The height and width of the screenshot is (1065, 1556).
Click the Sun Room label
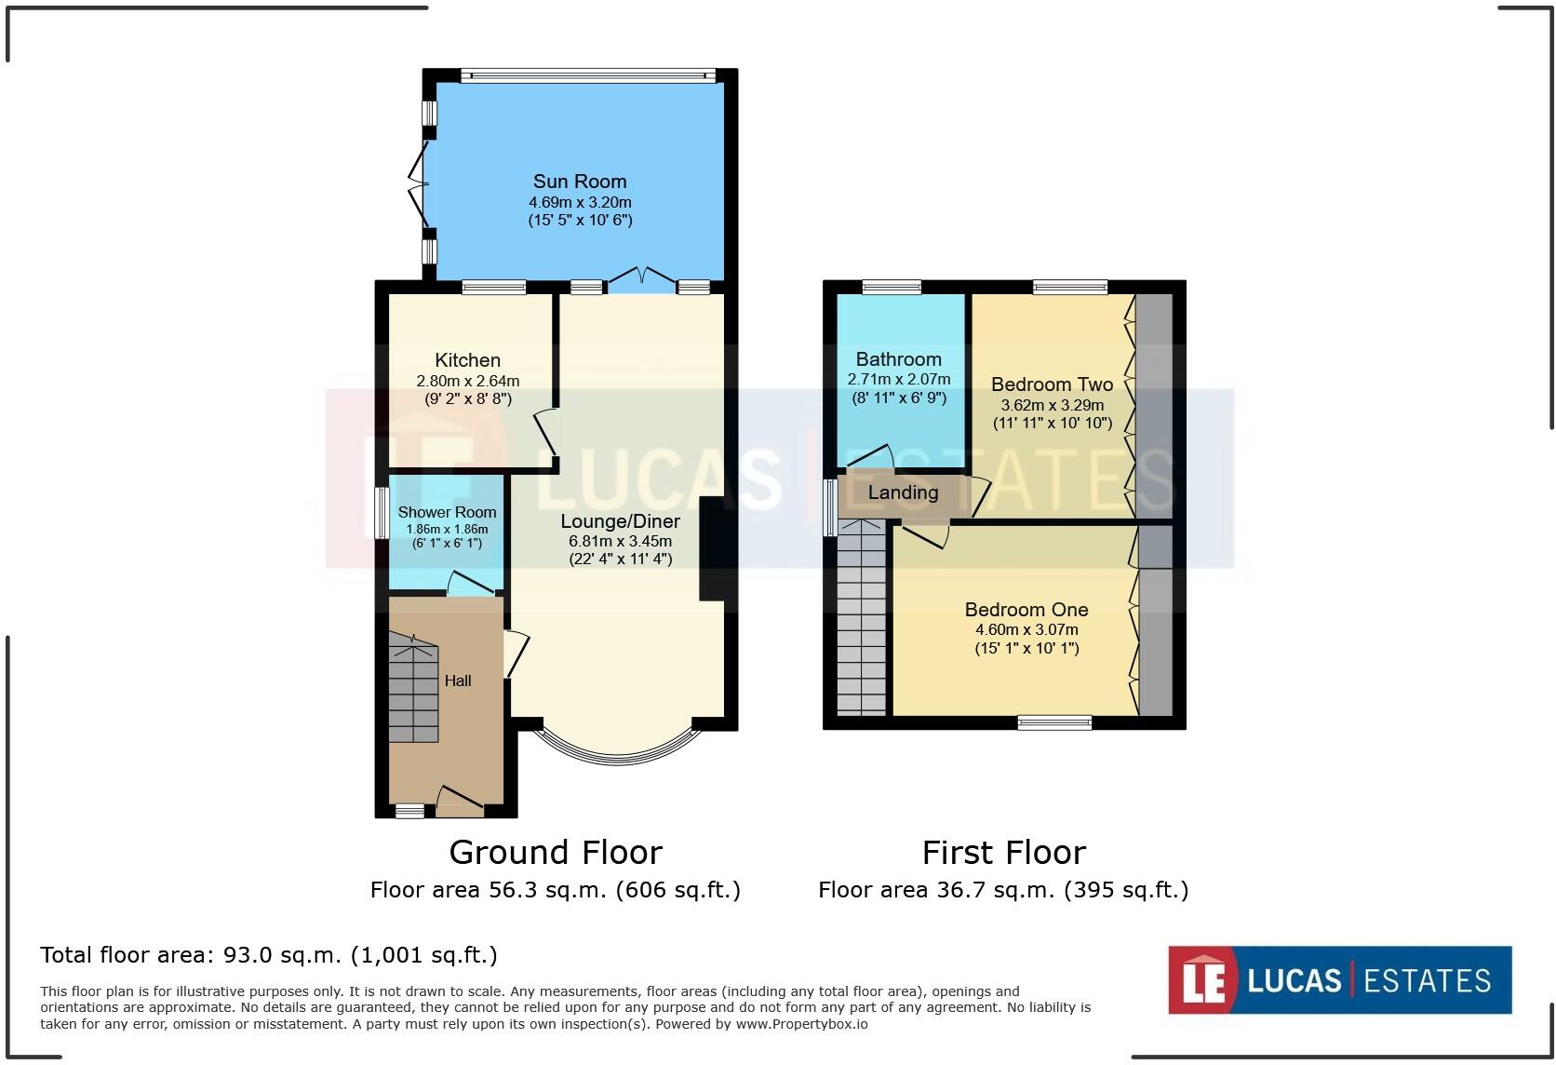[x=579, y=182]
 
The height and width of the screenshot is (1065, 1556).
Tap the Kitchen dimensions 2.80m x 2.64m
[x=467, y=381]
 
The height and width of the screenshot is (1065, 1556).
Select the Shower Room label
[x=447, y=512]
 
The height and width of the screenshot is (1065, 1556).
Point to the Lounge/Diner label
[x=620, y=521]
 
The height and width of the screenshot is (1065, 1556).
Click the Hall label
[x=458, y=681]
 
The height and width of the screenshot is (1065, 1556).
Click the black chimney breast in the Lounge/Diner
[x=711, y=549]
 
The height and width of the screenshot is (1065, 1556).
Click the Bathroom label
[x=898, y=359]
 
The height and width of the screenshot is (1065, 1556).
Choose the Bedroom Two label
[x=1052, y=384]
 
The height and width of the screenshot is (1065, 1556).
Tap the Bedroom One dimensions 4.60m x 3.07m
[x=1026, y=630]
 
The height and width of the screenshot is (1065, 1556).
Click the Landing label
[x=903, y=492]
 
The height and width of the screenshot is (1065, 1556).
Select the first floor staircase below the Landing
[x=861, y=619]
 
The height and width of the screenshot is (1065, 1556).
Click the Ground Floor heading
[x=556, y=852]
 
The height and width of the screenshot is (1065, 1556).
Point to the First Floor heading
[x=1003, y=852]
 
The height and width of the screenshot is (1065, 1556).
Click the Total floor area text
[x=269, y=955]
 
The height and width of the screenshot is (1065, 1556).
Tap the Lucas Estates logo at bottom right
[x=1339, y=980]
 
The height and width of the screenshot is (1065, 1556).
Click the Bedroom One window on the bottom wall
[x=1053, y=722]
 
